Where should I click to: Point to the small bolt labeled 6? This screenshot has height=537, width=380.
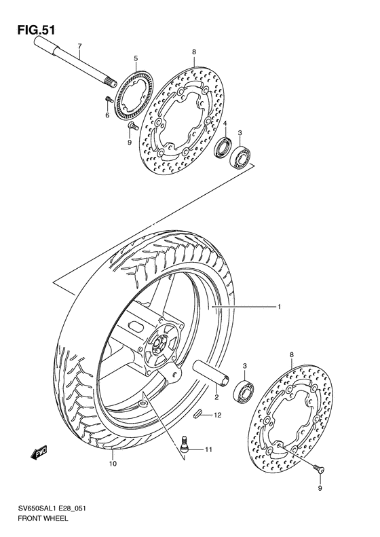pyautogui.click(x=108, y=101)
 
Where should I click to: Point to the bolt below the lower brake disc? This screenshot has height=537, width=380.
pyautogui.click(x=319, y=468)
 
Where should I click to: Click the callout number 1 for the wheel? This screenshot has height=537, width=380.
pyautogui.click(x=279, y=308)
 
